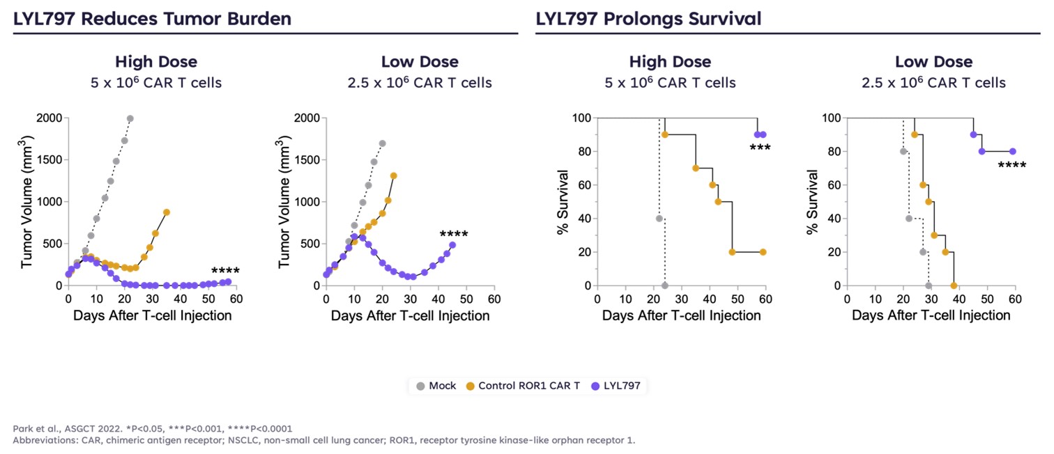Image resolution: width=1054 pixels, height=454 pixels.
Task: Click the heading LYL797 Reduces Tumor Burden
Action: (x=152, y=19)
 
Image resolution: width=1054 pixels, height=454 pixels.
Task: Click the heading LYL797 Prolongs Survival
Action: (x=648, y=19)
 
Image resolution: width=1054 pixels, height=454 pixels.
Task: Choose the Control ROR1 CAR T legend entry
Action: (x=523, y=385)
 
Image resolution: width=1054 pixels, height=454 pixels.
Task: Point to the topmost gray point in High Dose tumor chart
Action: (x=130, y=118)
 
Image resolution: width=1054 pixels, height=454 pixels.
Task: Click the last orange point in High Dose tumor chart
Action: (x=167, y=212)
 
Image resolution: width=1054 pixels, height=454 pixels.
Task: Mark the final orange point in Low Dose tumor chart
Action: (x=394, y=175)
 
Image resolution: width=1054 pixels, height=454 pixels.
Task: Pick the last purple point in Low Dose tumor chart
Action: (x=452, y=244)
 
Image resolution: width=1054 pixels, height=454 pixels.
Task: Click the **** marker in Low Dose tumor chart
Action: (x=454, y=235)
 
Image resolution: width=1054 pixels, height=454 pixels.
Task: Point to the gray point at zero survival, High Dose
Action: (x=665, y=285)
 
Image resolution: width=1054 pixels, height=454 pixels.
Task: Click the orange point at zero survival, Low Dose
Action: (x=954, y=285)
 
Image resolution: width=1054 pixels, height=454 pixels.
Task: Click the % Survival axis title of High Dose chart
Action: (x=563, y=202)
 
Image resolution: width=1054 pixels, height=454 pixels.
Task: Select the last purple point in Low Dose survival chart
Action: (x=1013, y=151)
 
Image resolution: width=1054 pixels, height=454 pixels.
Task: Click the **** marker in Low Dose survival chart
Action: (x=1011, y=166)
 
